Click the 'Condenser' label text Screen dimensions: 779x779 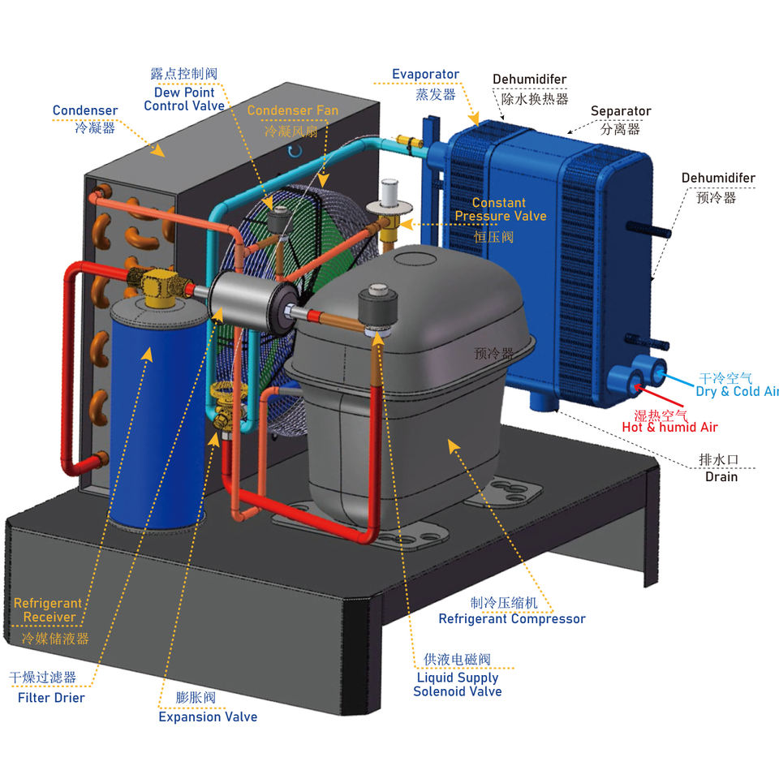point(85,111)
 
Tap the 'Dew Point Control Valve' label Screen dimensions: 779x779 point(184,99)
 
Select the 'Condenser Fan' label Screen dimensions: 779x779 point(292,110)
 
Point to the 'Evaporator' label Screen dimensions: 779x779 point(425,75)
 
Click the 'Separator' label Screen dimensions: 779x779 point(621,111)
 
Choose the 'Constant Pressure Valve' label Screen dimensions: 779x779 point(500,209)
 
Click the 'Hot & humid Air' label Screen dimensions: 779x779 point(669,427)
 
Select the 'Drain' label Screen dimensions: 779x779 point(721,476)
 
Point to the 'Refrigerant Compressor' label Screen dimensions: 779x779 point(511,619)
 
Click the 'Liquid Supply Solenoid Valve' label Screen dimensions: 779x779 point(457,684)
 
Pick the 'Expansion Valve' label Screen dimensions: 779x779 point(208,717)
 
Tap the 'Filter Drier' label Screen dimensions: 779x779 point(51,697)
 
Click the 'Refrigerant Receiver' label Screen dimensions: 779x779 point(49,610)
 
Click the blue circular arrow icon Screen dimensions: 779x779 point(296,150)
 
